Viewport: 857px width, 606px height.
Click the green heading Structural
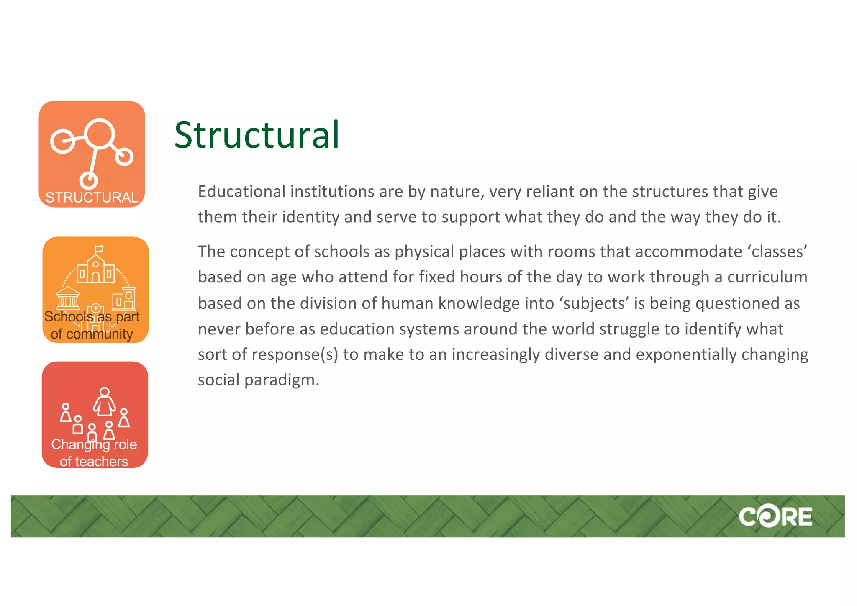(x=257, y=135)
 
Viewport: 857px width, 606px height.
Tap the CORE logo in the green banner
(x=775, y=517)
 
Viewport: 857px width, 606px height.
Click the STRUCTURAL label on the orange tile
(x=92, y=198)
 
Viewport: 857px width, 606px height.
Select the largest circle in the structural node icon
(x=99, y=134)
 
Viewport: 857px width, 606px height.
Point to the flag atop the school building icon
(x=99, y=249)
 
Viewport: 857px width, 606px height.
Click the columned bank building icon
(x=68, y=298)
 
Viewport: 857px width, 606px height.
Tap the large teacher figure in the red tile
(x=104, y=402)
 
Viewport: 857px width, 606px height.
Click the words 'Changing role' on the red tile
(x=94, y=444)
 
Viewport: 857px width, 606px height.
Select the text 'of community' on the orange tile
(x=92, y=334)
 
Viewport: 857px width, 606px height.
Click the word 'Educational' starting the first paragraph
(x=241, y=192)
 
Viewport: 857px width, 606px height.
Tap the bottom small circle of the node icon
(x=89, y=180)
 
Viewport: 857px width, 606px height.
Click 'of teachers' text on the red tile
(x=94, y=462)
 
